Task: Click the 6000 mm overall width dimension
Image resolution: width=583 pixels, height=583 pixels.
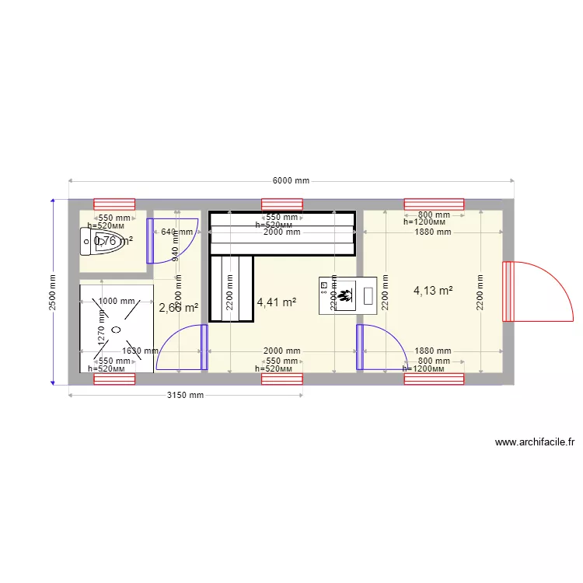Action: point(291,180)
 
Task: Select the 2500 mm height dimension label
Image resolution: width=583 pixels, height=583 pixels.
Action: point(52,291)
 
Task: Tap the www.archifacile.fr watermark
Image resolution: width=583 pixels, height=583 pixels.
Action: point(535,442)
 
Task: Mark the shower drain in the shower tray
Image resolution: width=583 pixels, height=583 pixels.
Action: point(116,330)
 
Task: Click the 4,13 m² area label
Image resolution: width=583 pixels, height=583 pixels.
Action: point(433,291)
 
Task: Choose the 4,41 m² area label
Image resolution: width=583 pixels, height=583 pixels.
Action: point(276,302)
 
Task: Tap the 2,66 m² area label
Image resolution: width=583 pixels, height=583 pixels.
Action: point(178,308)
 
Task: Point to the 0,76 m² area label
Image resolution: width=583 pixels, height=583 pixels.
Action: point(113,241)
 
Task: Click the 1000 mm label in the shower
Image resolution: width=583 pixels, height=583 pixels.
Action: point(116,302)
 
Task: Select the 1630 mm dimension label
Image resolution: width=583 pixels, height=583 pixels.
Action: point(140,351)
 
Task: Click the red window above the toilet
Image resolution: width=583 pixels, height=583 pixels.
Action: point(114,204)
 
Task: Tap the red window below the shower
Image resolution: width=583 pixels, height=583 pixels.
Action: point(114,379)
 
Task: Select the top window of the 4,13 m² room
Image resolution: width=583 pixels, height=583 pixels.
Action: point(433,204)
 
